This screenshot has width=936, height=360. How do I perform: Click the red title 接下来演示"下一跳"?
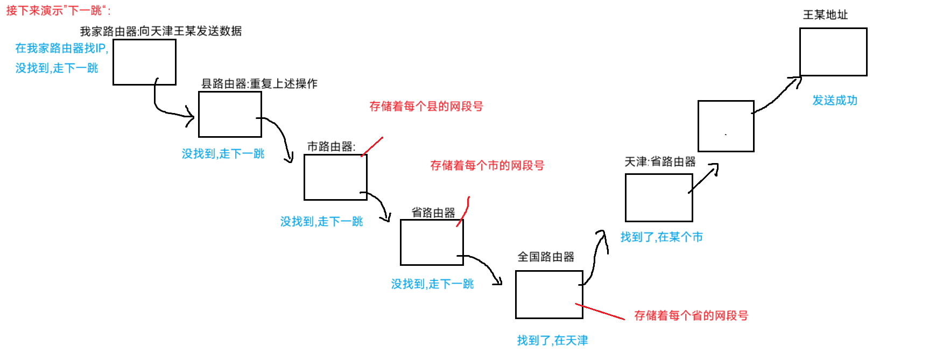pyautogui.click(x=58, y=11)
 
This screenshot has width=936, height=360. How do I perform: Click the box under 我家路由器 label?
pyautogui.click(x=144, y=62)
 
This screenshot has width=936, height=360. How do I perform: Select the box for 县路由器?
pyautogui.click(x=230, y=114)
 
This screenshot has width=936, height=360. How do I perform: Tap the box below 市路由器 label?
pyautogui.click(x=335, y=177)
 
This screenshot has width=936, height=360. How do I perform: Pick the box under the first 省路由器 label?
pyautogui.click(x=432, y=242)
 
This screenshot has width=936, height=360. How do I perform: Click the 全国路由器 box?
pyautogui.click(x=549, y=294)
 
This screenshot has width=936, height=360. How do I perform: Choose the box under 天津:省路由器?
pyautogui.click(x=659, y=197)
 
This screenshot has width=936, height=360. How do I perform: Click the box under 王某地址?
pyautogui.click(x=833, y=52)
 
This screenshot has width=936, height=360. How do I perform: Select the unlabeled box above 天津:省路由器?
pyautogui.click(x=726, y=126)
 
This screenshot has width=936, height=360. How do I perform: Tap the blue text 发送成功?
pyautogui.click(x=835, y=101)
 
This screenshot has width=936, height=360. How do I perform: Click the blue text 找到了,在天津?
pyautogui.click(x=552, y=340)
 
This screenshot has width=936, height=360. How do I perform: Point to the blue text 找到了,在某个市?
pyautogui.click(x=661, y=237)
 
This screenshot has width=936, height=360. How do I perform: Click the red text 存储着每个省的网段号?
pyautogui.click(x=691, y=316)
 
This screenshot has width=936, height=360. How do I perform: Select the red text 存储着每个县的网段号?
pyautogui.click(x=426, y=107)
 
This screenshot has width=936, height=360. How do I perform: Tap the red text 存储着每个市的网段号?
pyautogui.click(x=487, y=166)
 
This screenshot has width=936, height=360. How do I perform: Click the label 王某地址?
pyautogui.click(x=825, y=15)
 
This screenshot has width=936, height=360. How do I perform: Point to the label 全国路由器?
pyautogui.click(x=546, y=257)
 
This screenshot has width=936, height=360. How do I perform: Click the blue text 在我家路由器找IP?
pyautogui.click(x=62, y=48)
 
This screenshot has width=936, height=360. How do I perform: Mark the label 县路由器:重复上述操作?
pyautogui.click(x=259, y=84)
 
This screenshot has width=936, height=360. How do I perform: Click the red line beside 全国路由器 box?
pyautogui.click(x=600, y=312)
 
